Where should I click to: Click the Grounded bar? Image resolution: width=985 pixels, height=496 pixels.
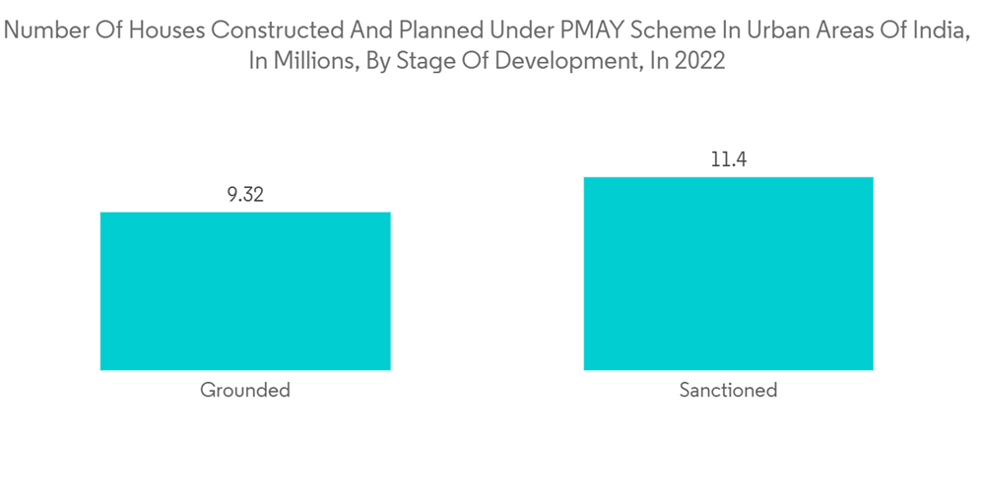pos(245,291)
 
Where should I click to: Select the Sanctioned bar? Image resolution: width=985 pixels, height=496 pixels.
pos(728,274)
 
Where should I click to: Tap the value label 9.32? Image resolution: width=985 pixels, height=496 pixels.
pos(245,195)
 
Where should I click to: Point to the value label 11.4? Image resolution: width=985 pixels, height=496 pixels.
pos(729,159)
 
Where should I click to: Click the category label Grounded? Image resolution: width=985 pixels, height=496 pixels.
pos(245,391)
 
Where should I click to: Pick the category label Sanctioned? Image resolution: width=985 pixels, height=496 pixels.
pos(728,391)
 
